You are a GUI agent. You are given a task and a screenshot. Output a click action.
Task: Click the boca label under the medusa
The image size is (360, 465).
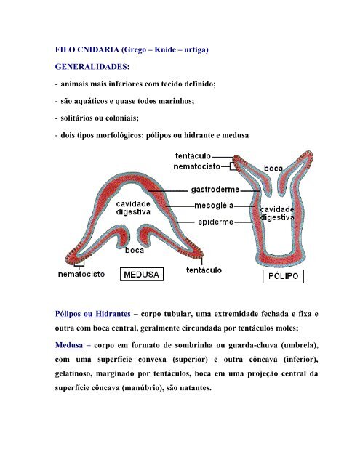tap(135, 251)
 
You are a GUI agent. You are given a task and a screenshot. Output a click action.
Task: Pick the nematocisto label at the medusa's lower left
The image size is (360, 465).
tap(85, 275)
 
